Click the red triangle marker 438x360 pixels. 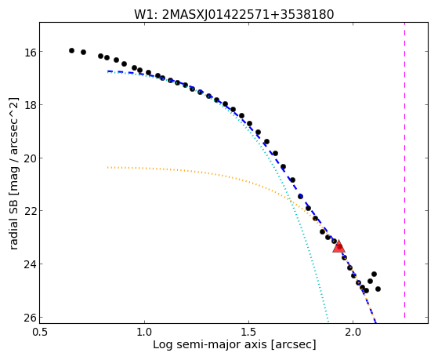pyautogui.click(x=338, y=247)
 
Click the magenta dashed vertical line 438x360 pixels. pyautogui.click(x=404, y=170)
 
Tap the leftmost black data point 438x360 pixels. pyautogui.click(x=71, y=51)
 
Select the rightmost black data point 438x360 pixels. pyautogui.click(x=378, y=289)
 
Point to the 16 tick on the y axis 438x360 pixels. pyautogui.click(x=28, y=52)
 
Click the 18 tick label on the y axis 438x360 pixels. pyautogui.click(x=28, y=105)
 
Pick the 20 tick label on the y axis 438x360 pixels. pyautogui.click(x=28, y=158)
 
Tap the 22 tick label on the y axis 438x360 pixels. pyautogui.click(x=28, y=211)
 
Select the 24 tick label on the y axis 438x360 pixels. pyautogui.click(x=28, y=264)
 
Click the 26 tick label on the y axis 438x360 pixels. pyautogui.click(x=28, y=317)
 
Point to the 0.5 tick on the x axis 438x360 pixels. pyautogui.click(x=40, y=333)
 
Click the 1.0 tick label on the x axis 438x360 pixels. pyautogui.click(x=144, y=333)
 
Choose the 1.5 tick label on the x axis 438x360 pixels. pyautogui.click(x=249, y=333)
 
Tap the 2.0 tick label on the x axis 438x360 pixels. pyautogui.click(x=353, y=333)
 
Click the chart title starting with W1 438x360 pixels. pyautogui.click(x=234, y=15)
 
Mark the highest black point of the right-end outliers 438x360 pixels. pyautogui.click(x=374, y=274)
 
